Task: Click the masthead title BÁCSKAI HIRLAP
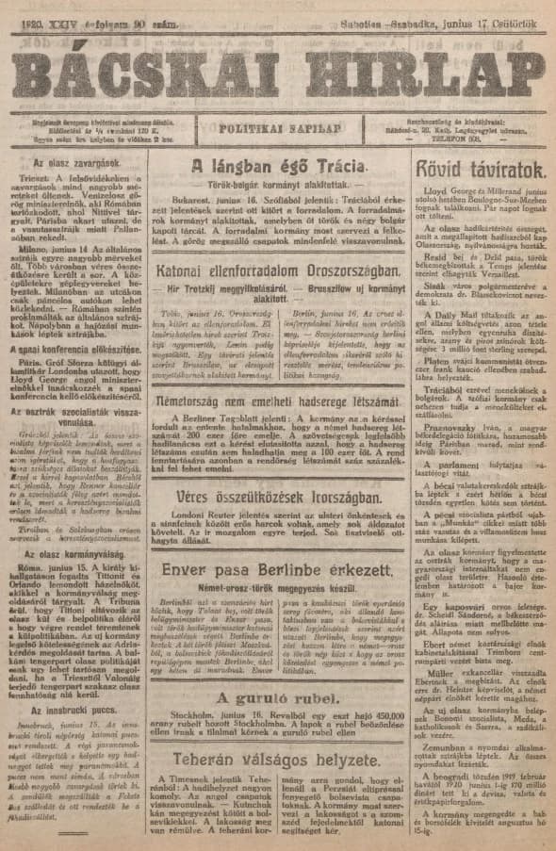click(277, 74)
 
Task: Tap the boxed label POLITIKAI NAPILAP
click(277, 127)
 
